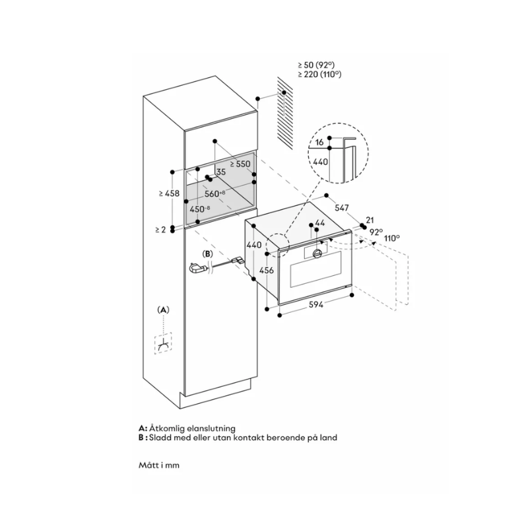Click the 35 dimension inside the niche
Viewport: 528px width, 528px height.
[220, 172]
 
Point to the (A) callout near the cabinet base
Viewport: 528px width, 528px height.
[163, 310]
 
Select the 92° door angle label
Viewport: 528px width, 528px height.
[376, 232]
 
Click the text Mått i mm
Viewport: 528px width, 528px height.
[160, 465]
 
